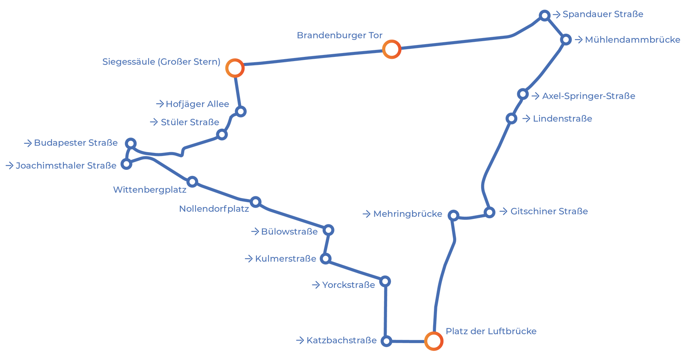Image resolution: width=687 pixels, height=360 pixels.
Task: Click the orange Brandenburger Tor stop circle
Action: coord(392,49)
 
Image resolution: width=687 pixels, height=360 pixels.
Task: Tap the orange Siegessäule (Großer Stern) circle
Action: coord(235,68)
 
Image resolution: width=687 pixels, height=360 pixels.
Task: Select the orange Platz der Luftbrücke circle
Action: coord(434,341)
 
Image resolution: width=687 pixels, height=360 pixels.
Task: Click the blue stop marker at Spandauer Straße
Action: coord(545,15)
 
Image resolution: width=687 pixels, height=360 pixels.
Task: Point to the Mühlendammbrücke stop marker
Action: coord(566,40)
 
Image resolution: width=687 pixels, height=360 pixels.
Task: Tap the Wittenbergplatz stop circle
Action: coord(192,182)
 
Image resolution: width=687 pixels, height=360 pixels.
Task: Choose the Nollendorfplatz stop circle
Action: coord(255,202)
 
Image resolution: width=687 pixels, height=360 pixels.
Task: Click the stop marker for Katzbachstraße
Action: coord(386,341)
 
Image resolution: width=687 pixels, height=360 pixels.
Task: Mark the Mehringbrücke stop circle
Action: coord(454,216)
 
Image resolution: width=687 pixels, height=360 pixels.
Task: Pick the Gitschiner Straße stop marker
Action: coord(489,212)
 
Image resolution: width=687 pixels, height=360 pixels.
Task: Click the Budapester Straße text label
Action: coord(76,143)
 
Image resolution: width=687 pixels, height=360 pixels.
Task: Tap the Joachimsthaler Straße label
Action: coord(66,166)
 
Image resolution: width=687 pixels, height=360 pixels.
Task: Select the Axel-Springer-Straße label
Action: coord(589,96)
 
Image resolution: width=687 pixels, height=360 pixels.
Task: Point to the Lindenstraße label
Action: coord(563,119)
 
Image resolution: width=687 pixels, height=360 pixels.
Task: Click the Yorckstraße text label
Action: coord(349,285)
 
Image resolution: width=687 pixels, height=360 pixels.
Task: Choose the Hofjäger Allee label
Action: coord(197,104)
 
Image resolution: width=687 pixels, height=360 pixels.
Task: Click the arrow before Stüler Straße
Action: coord(154,122)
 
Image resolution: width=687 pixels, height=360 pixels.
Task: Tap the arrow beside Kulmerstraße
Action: coord(249,259)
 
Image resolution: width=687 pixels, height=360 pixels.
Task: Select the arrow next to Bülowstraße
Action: coord(255,231)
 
